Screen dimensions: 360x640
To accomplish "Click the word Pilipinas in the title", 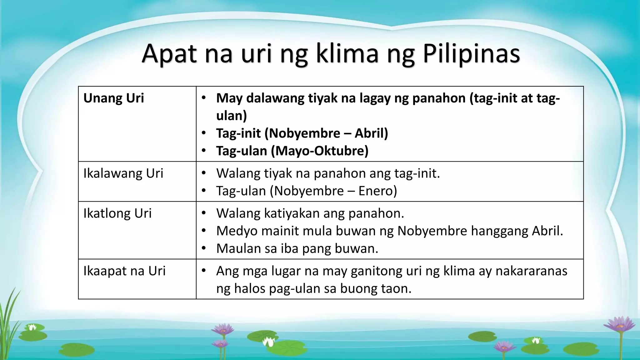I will coord(472,53).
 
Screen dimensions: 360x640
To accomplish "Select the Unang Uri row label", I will coord(113,98).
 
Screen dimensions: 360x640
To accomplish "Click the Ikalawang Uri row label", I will coord(123,173).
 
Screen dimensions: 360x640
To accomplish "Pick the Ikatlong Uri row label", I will coord(117,213).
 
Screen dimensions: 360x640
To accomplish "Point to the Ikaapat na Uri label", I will coord(124,271).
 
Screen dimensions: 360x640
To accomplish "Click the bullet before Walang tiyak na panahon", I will coord(204,173).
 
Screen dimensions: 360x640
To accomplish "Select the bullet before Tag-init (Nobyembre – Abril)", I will coord(204,133).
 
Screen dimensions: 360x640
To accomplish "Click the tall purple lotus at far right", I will coord(620,325).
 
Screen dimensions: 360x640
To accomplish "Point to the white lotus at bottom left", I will coord(32,327).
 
